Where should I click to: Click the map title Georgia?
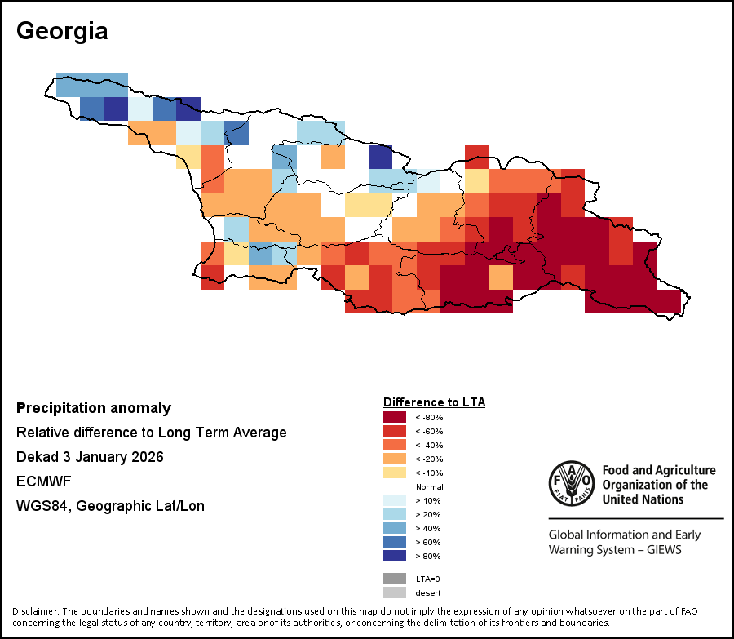click(x=62, y=32)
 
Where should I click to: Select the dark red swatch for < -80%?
click(x=395, y=417)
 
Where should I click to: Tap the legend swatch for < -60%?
click(x=395, y=431)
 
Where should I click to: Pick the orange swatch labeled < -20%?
click(x=395, y=459)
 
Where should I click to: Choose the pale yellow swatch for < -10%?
click(x=395, y=473)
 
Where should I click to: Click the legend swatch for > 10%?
click(x=395, y=500)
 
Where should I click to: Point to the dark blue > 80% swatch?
click(x=395, y=556)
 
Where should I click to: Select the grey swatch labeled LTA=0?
click(x=395, y=579)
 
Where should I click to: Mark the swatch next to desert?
click(x=395, y=592)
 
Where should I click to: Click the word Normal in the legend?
click(x=429, y=486)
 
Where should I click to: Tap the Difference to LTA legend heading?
click(x=434, y=402)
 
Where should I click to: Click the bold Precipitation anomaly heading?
click(x=94, y=408)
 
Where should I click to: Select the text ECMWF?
click(x=43, y=481)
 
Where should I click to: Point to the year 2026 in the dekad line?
click(x=147, y=457)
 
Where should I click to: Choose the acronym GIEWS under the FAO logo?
click(x=660, y=550)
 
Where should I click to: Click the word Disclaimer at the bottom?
click(x=36, y=611)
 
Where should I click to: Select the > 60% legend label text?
click(x=428, y=542)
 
